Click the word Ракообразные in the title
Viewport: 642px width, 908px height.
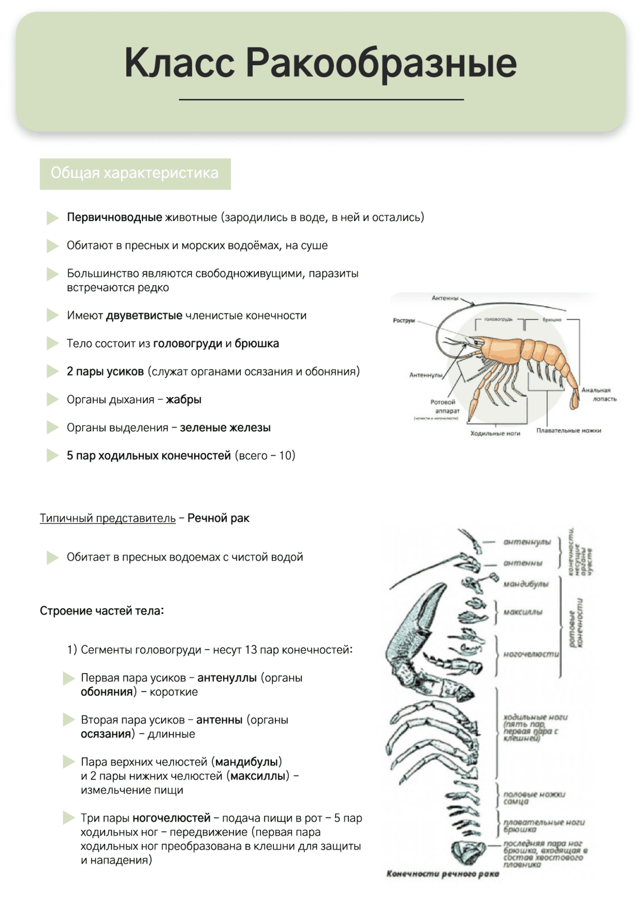(381, 64)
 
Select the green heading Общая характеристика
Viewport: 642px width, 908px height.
(134, 173)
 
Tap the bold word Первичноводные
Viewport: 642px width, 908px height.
(114, 218)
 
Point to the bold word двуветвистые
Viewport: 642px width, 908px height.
(144, 316)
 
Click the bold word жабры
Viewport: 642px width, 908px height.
(184, 400)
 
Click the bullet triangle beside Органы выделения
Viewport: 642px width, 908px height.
(53, 428)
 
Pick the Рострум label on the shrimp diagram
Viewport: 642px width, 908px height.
(404, 320)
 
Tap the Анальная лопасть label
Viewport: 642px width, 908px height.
(598, 395)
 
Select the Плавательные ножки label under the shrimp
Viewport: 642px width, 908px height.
(568, 431)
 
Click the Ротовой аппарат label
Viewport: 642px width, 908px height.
(444, 407)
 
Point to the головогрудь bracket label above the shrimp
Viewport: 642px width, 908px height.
(498, 319)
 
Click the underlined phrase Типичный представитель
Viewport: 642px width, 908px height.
(108, 518)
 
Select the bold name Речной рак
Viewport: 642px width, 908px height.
(218, 518)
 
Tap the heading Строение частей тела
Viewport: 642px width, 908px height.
(102, 611)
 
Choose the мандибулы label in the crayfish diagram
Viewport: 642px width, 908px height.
(526, 584)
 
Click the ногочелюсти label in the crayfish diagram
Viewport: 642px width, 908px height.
(531, 654)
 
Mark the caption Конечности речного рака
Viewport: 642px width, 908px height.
(442, 874)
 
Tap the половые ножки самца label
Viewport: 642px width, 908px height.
(534, 798)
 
